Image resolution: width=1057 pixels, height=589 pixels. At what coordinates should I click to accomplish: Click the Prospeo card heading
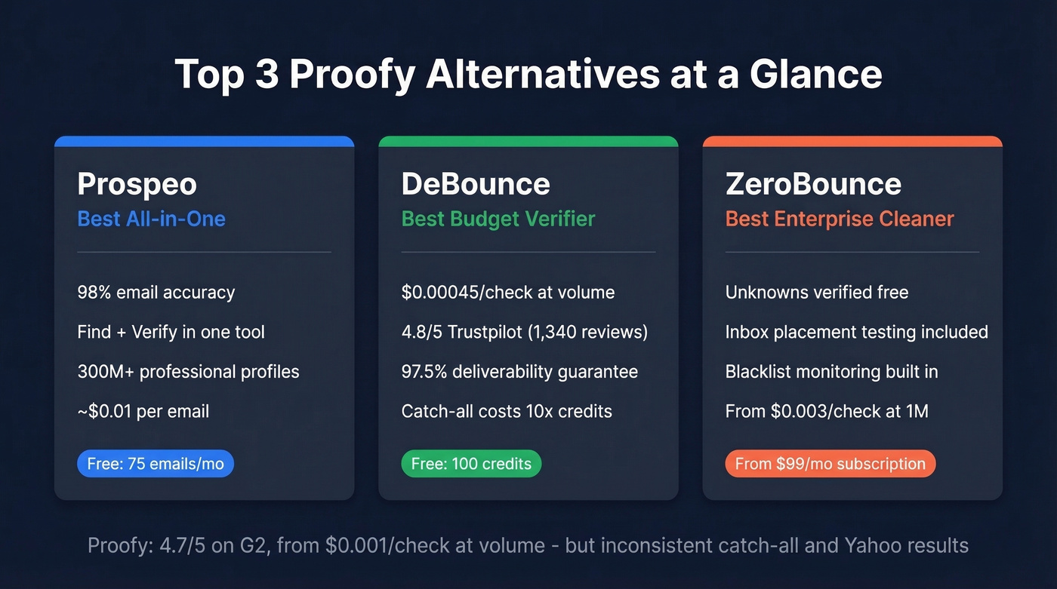point(137,184)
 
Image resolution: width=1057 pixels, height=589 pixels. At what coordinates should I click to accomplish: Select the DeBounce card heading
point(476,184)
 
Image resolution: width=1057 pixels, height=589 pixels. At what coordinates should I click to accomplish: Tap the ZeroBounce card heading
point(813,184)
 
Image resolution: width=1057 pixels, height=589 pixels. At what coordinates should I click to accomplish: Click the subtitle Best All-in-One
point(151,219)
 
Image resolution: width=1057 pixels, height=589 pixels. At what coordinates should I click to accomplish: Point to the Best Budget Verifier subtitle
point(498,219)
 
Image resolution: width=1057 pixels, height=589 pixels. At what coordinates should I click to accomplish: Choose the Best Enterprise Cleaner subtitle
point(840,219)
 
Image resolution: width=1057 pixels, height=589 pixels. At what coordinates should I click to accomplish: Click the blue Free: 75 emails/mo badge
point(156,464)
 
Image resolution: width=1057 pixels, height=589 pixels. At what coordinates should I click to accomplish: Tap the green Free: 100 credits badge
point(471,464)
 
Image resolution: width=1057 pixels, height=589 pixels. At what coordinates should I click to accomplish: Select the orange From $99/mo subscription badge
point(830,464)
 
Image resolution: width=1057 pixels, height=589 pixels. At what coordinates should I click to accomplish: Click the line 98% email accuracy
point(156,292)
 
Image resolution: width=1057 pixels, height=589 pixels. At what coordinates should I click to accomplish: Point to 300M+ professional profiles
point(188,372)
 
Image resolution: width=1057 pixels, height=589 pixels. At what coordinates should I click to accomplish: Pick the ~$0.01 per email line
point(143,412)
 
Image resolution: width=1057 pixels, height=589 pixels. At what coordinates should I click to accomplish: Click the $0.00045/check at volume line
point(507,292)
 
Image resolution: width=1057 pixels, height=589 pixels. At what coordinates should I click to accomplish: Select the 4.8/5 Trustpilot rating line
point(524,332)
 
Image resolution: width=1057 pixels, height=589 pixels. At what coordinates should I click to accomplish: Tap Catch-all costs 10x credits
point(507,412)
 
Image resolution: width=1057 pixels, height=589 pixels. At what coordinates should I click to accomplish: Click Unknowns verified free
point(816,292)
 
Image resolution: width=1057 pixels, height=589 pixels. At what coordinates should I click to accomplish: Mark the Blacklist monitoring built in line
point(831,372)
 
